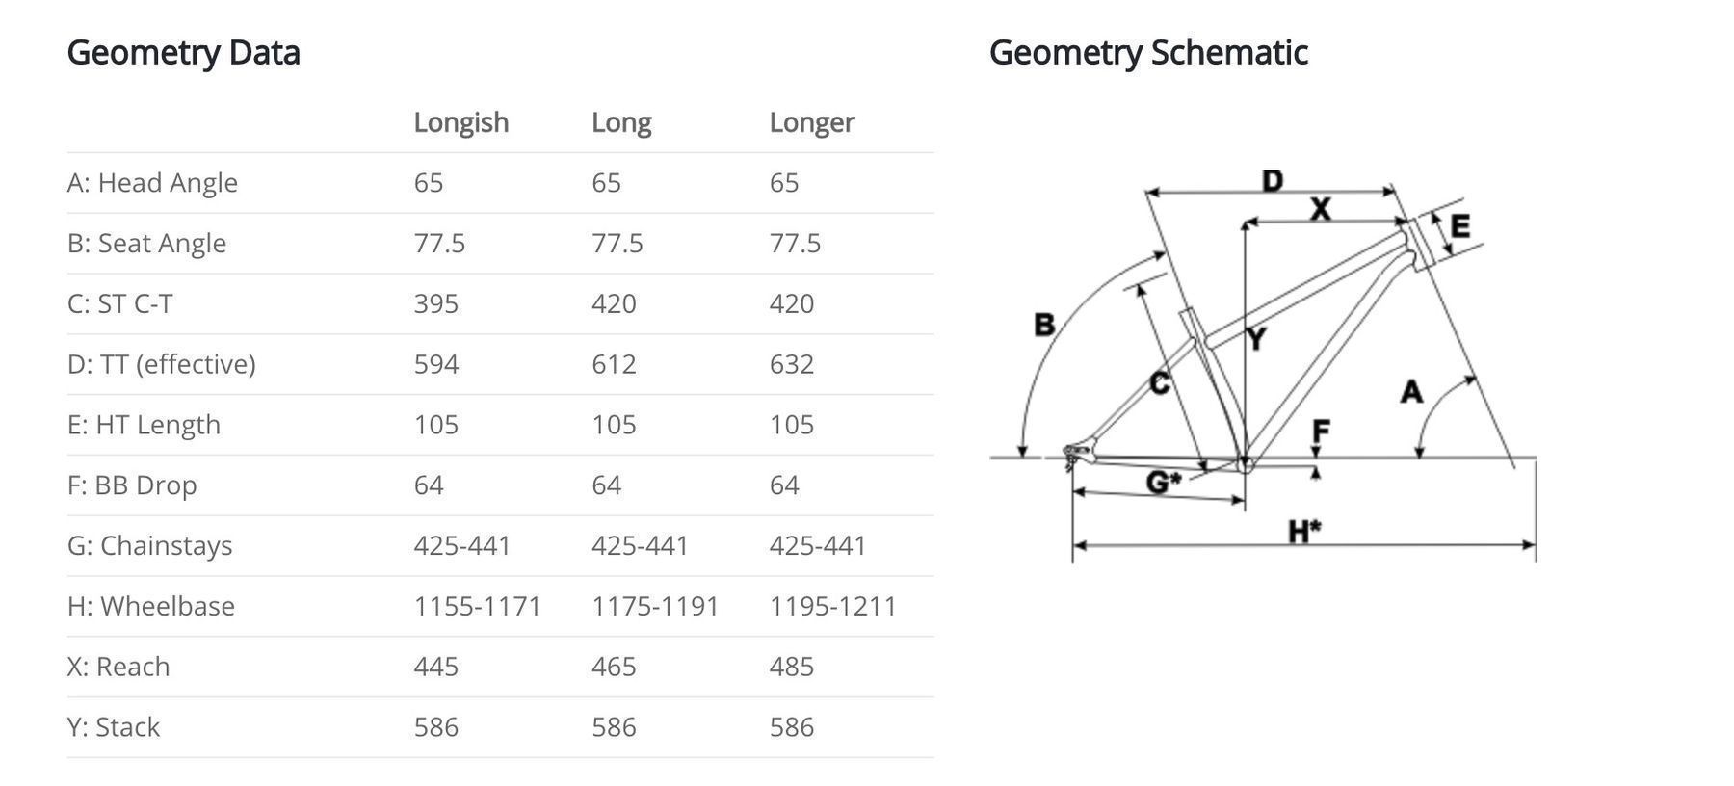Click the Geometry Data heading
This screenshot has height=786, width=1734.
pos(183,53)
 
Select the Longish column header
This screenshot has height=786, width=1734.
pos(461,123)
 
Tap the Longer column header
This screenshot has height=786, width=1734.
pos(812,123)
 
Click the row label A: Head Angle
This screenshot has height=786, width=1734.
pos(152,183)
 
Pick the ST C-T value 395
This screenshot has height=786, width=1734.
pos(436,303)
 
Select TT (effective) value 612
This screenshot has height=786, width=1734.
pos(614,364)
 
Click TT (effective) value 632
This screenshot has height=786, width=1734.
pos(792,364)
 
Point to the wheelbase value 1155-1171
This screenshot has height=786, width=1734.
pos(478,606)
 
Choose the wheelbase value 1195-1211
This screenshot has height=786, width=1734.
pos(833,606)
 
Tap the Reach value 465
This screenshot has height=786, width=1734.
pos(614,667)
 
